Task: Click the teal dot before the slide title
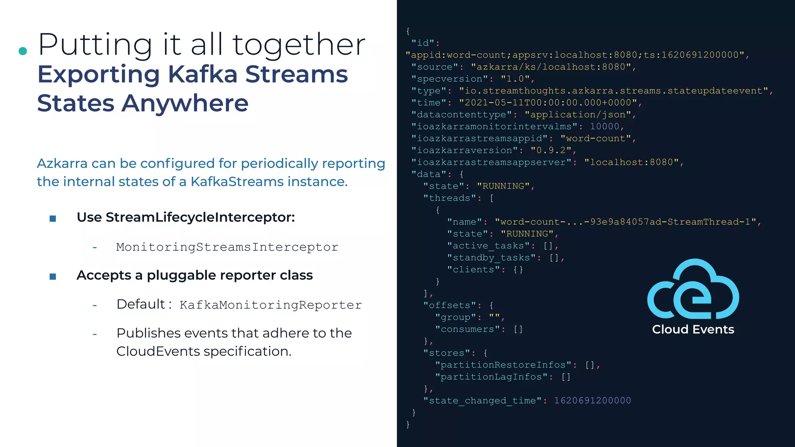23,51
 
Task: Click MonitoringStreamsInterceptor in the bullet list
227,247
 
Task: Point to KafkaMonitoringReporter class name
271,305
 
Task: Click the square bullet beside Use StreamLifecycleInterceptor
53,218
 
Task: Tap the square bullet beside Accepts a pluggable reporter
53,276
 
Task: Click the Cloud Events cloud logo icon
693,289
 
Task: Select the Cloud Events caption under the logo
693,329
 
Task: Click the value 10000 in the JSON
604,126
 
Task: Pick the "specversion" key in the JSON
450,79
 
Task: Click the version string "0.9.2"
551,150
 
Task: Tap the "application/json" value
578,114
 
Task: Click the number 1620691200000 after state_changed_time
592,400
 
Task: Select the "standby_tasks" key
491,258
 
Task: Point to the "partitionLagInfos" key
491,377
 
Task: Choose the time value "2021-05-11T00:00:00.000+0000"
548,102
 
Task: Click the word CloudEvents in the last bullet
158,351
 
